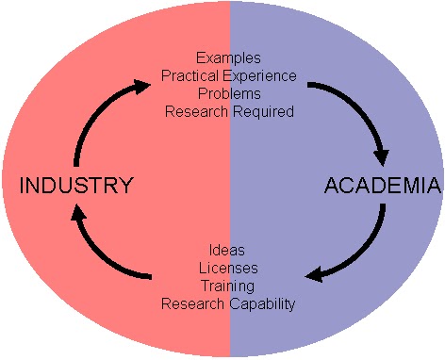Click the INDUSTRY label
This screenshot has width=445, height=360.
(x=75, y=185)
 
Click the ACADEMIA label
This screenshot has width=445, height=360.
(x=382, y=185)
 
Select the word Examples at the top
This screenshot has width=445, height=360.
(x=228, y=57)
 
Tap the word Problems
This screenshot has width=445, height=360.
(x=228, y=93)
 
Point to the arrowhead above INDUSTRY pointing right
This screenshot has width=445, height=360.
(x=141, y=86)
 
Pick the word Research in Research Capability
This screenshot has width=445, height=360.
(x=193, y=303)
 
